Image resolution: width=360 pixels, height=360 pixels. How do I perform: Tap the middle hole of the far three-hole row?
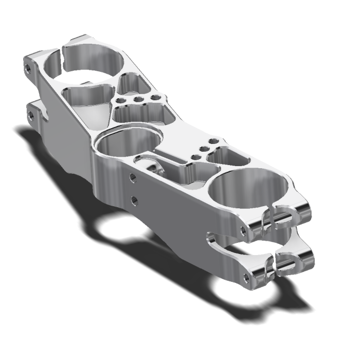pyautogui.click(x=138, y=99)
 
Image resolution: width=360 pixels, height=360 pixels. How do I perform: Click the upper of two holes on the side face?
pyautogui.click(x=133, y=177)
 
